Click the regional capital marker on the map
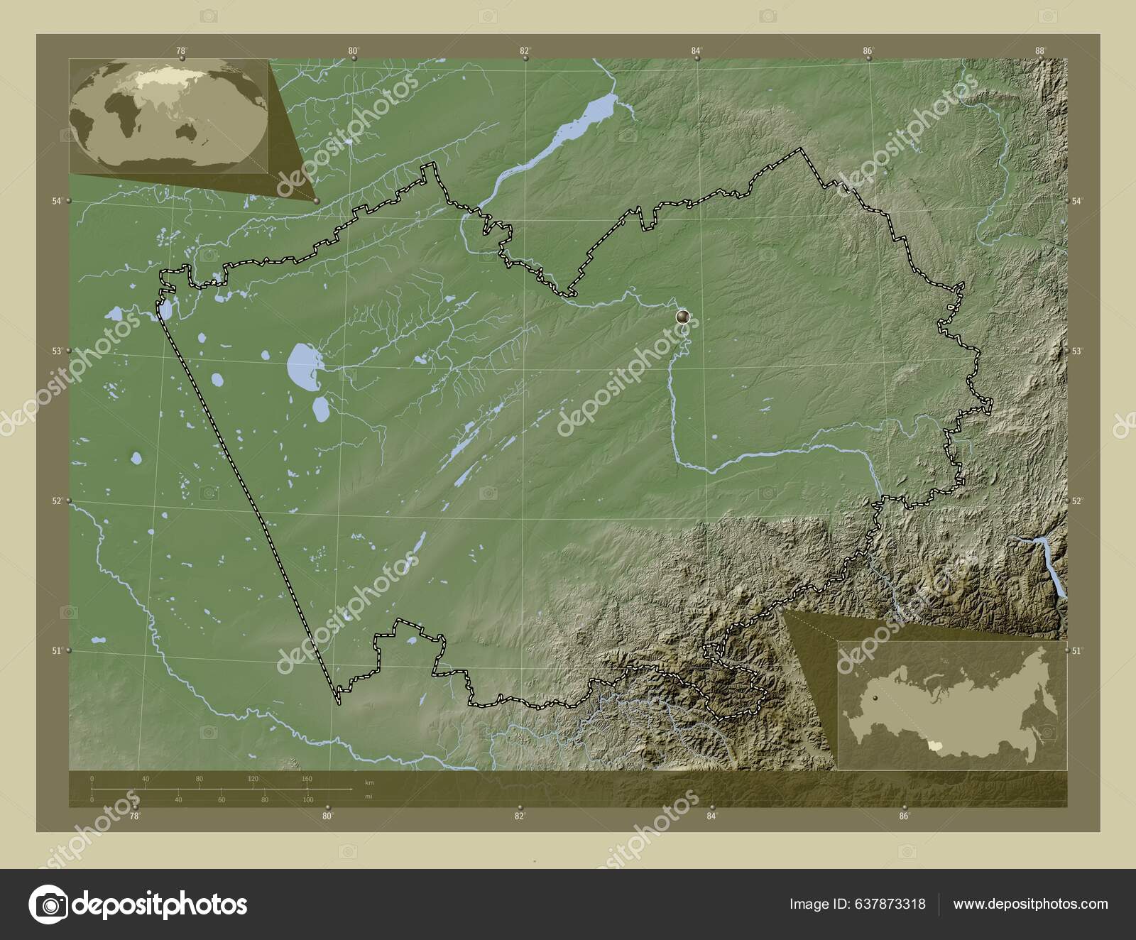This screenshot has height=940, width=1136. click(x=683, y=317)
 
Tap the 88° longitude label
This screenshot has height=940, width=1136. click(x=1040, y=50)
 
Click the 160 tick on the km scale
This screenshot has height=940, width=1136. click(x=307, y=780)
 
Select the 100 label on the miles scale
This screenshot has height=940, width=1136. click(x=307, y=799)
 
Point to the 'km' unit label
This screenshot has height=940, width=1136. click(x=368, y=782)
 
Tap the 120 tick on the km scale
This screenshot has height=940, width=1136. click(x=253, y=780)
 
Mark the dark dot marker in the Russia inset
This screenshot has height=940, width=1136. click(x=875, y=699)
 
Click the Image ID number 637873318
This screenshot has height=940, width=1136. click(x=888, y=904)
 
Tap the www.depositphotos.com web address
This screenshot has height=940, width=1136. click(x=1030, y=904)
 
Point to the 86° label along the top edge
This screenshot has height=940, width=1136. click(x=868, y=50)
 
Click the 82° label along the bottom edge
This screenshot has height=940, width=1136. click(x=519, y=816)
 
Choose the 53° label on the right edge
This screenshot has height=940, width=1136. click(x=1076, y=351)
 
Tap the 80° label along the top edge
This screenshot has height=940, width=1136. click(x=353, y=50)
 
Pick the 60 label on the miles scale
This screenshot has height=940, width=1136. click(x=222, y=799)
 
